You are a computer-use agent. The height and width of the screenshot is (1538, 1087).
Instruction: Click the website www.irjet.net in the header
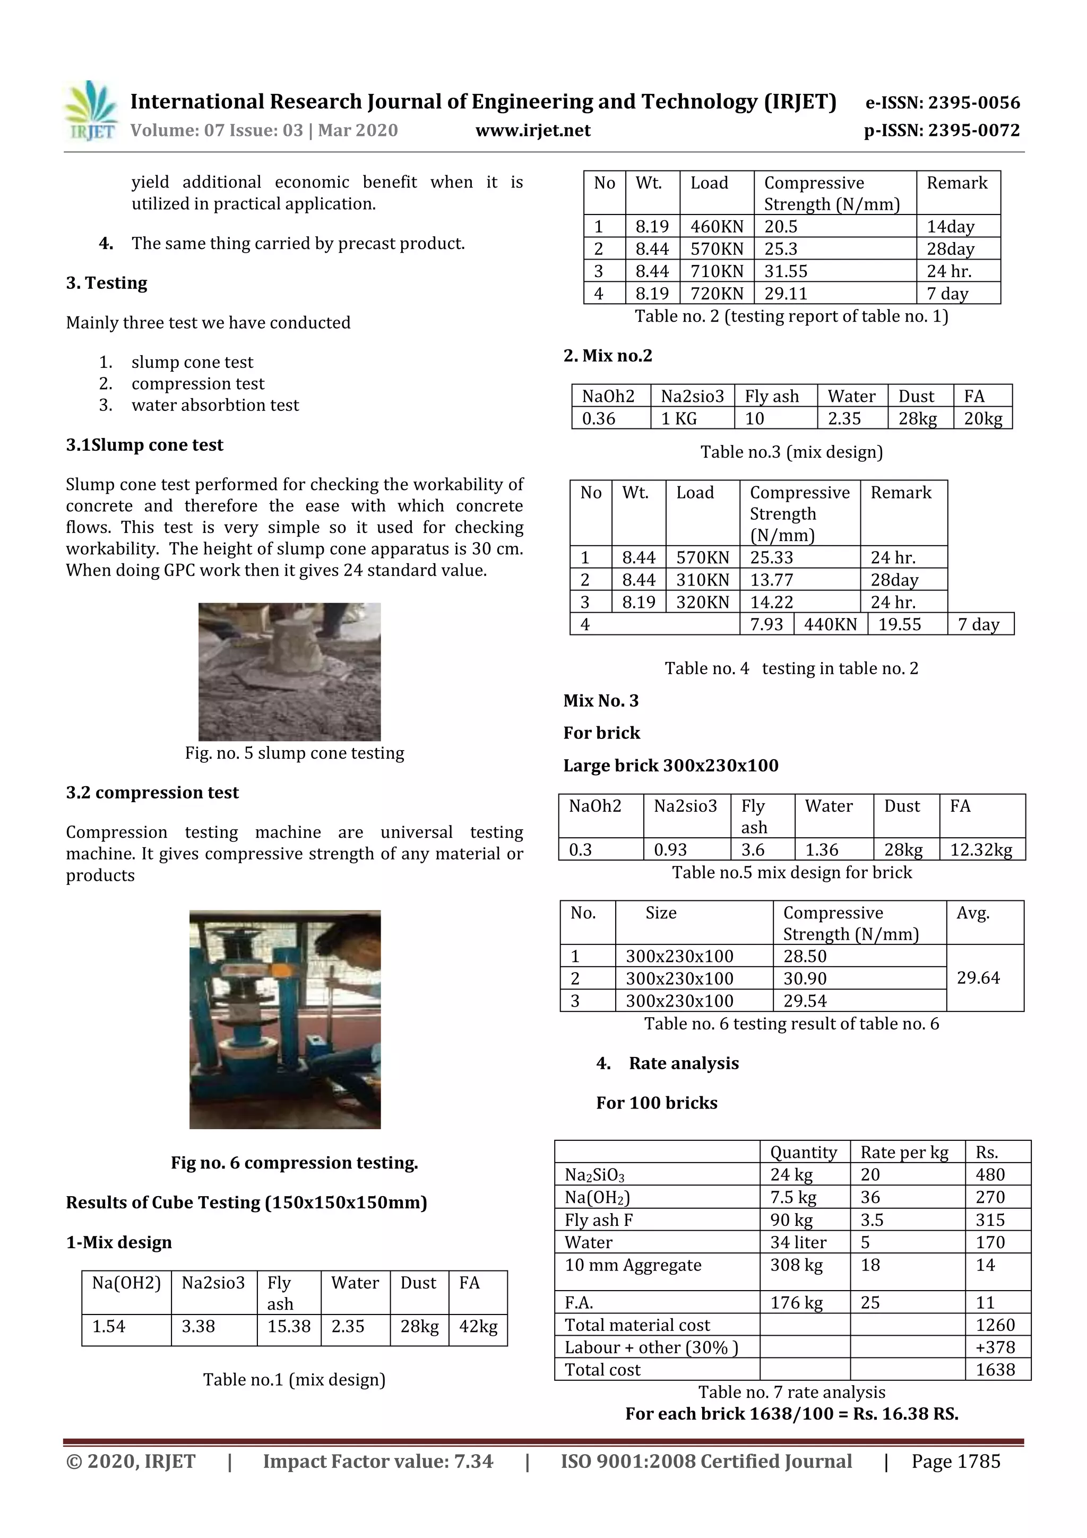coord(532,131)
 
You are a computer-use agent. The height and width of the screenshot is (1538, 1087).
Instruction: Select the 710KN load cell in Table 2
coord(716,271)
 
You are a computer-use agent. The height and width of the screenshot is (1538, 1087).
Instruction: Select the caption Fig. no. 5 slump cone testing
coord(294,753)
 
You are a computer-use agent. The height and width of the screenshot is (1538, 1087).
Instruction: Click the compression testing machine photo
coord(284,1019)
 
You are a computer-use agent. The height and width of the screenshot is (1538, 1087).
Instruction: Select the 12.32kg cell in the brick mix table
coord(980,850)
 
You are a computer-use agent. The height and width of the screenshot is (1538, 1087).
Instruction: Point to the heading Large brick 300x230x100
coord(670,765)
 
